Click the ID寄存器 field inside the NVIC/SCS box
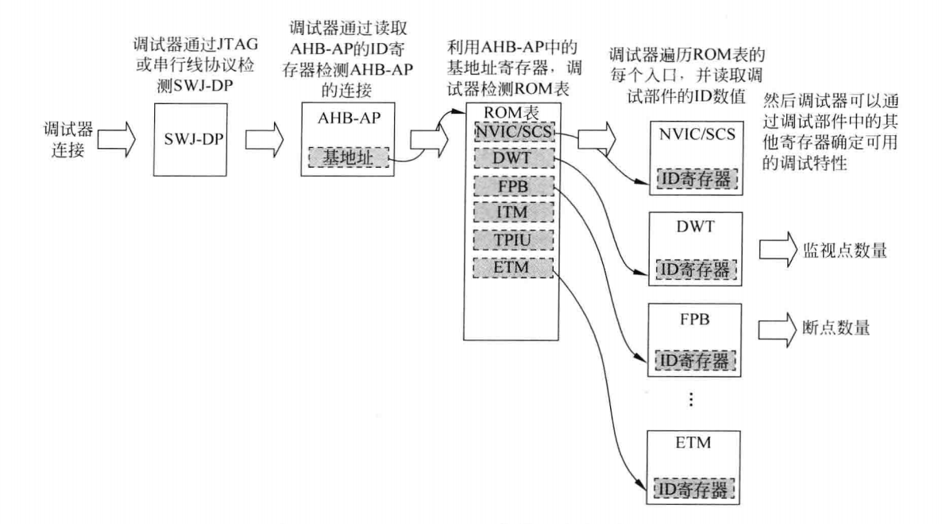[696, 180]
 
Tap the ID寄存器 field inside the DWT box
[696, 271]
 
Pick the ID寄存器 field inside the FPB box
[696, 362]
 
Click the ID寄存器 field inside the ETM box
[696, 487]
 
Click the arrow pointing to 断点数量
[774, 327]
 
